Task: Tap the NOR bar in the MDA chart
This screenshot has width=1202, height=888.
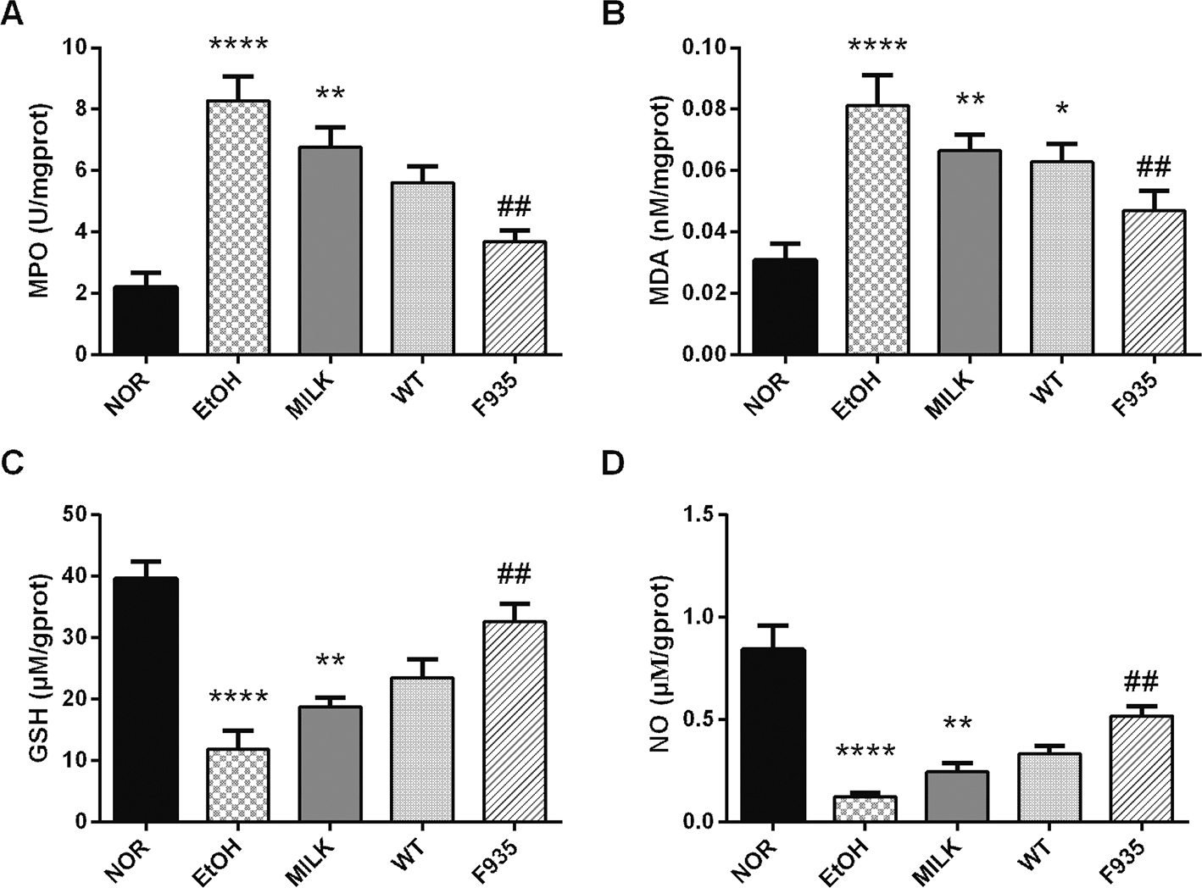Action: (785, 307)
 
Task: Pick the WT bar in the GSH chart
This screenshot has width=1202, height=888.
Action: (422, 749)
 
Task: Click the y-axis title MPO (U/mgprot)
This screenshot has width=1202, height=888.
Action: (38, 201)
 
